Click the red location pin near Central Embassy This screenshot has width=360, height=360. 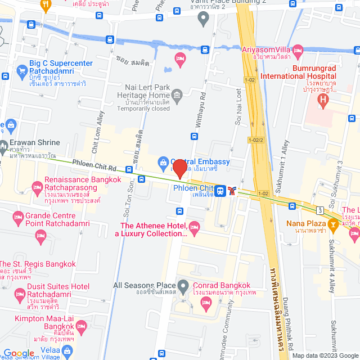[179, 168]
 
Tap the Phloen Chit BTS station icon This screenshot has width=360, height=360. [221, 191]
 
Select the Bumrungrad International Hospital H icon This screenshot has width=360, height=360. [323, 101]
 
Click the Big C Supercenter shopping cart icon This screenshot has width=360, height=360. [22, 71]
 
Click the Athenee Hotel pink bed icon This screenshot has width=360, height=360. [195, 228]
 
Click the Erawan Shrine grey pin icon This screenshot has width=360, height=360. [3, 145]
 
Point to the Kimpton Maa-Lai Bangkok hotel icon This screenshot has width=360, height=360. [81, 326]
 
